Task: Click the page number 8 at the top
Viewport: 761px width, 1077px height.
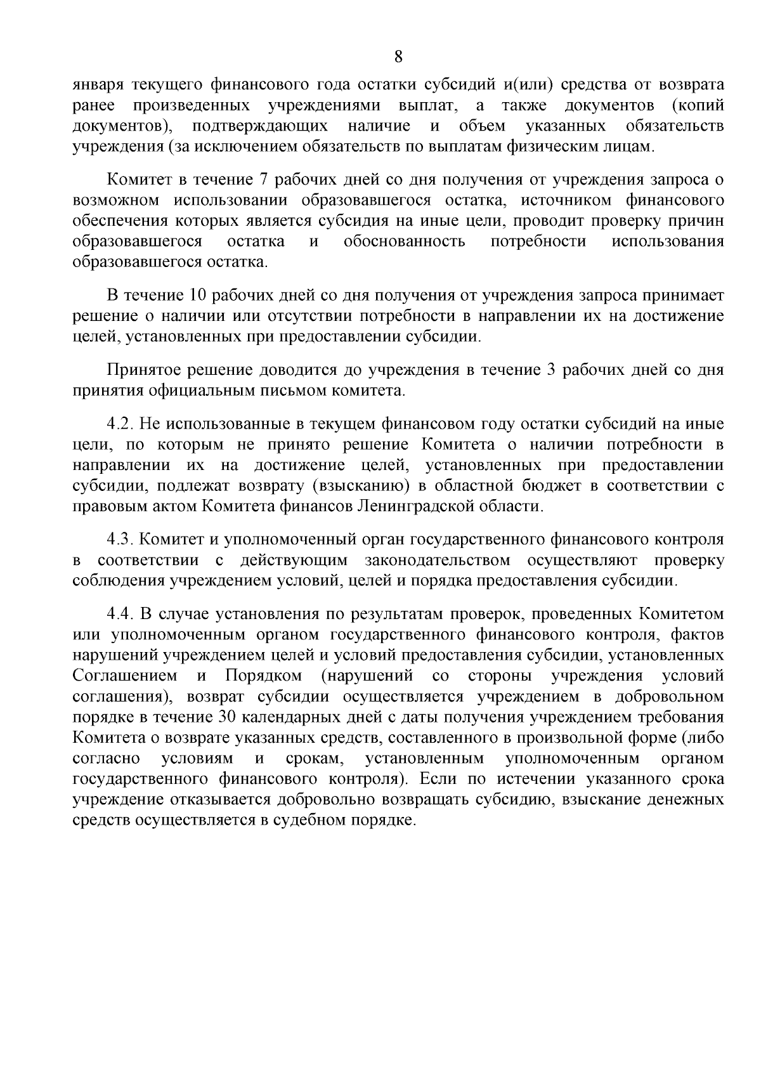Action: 398,57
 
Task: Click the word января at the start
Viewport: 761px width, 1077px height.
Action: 101,85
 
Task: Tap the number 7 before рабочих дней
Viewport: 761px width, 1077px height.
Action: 266,179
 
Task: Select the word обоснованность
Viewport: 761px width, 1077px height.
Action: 404,242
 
